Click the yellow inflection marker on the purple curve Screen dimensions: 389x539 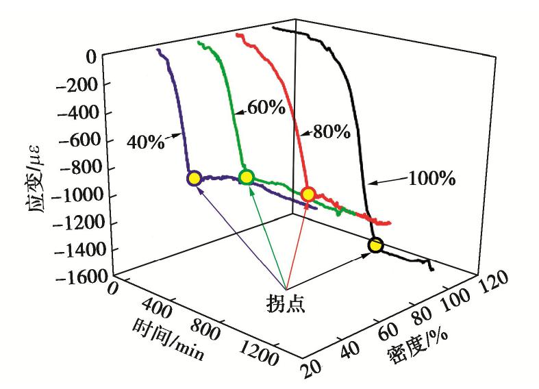(x=194, y=179)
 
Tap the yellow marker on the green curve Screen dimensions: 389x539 (x=247, y=177)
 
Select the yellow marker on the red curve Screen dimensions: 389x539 (x=308, y=194)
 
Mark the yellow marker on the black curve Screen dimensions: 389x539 (x=375, y=245)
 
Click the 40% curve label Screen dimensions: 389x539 (x=145, y=142)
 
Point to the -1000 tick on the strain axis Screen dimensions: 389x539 (x=75, y=195)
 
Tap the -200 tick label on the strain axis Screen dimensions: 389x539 (x=80, y=84)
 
